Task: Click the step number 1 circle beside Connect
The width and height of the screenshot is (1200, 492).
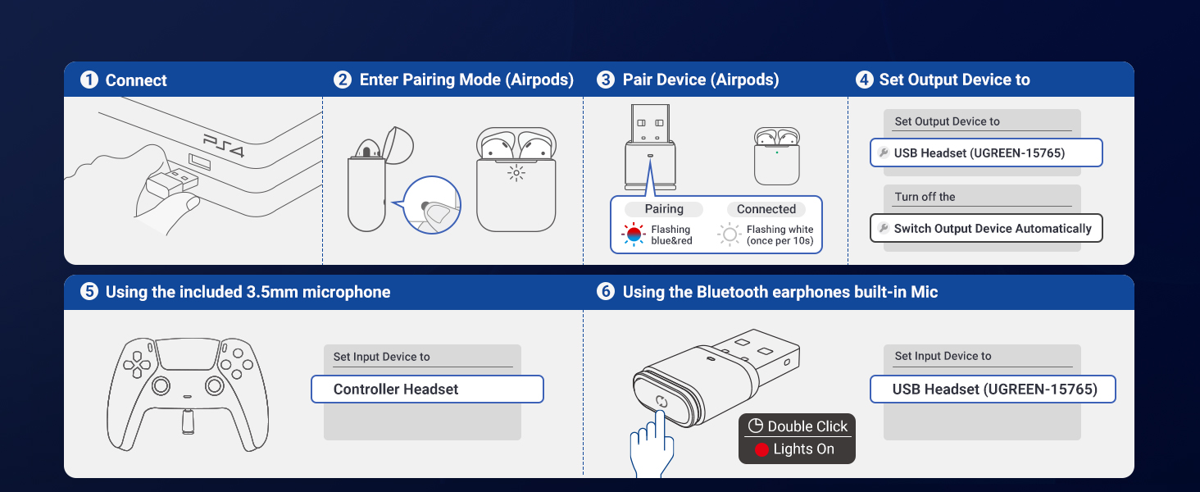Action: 89,80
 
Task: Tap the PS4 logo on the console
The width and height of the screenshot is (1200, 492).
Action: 224,146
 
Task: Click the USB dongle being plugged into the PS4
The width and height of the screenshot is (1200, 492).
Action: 173,182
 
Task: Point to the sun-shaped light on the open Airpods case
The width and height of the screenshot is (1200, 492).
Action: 516,172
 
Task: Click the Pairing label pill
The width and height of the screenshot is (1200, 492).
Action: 664,209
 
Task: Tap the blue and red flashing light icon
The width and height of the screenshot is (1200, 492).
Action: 634,235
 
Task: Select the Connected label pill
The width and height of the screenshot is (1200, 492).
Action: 766,209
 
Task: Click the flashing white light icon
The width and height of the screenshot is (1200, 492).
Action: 730,235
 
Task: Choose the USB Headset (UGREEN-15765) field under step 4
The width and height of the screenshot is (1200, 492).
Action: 986,153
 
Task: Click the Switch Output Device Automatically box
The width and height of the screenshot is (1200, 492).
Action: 986,229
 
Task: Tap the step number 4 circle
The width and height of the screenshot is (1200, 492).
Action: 864,80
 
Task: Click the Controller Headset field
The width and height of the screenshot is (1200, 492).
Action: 427,389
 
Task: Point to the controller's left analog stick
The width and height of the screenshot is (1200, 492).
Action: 161,385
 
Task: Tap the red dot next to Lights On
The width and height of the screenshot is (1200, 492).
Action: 761,450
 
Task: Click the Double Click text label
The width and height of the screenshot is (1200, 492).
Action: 807,426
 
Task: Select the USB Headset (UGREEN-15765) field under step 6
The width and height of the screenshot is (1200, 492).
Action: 993,389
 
